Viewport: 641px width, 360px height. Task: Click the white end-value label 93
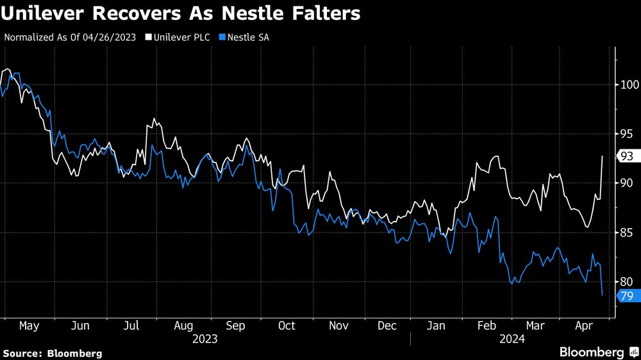pos(626,156)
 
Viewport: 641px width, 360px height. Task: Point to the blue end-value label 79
pos(626,295)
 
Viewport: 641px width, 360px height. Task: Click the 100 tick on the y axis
pos(629,85)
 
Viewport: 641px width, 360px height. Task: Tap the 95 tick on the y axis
pos(627,134)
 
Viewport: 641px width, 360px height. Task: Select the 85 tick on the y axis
pos(627,233)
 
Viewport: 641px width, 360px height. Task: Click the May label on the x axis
pos(29,326)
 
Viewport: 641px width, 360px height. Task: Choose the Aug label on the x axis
pos(184,326)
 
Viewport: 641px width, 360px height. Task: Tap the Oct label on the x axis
pos(287,326)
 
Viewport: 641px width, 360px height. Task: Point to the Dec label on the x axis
pos(387,326)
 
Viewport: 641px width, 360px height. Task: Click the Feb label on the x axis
pos(487,326)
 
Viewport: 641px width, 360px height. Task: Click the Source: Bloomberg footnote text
pos(53,353)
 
